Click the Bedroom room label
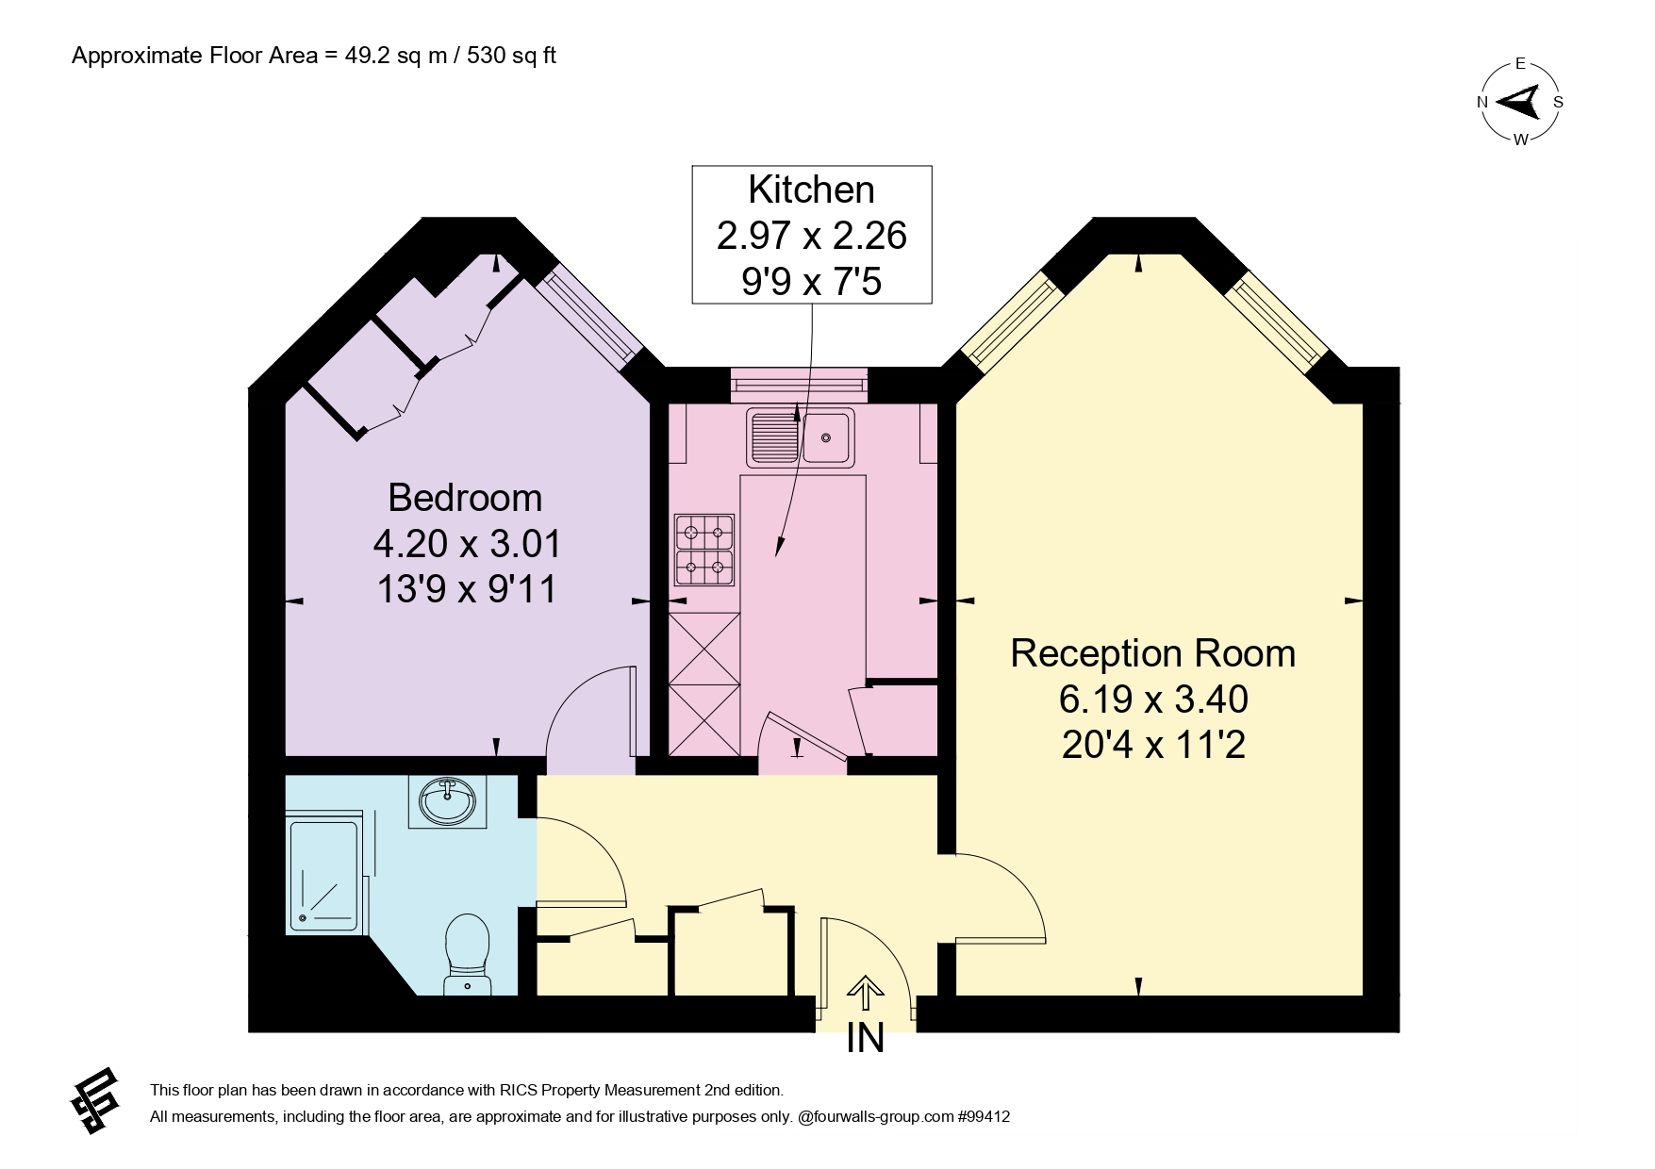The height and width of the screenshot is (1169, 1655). coord(465,498)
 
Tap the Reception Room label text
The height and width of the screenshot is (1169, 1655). coord(1152,653)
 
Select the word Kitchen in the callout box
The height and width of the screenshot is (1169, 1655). coord(811,189)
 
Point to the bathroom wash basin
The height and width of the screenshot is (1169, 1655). coord(447,802)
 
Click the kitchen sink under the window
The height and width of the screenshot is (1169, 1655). coord(801,436)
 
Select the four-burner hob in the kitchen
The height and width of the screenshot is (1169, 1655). coord(704,551)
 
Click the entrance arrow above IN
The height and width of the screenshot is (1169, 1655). coord(866,997)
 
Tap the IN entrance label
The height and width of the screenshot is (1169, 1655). coord(866,1039)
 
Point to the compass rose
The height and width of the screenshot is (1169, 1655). coord(1520,102)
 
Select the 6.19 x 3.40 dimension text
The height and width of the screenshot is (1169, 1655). coord(1153,700)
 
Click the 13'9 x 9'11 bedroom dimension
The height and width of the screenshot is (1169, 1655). coord(466,589)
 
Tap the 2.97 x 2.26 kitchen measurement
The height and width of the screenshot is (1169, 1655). coord(811,235)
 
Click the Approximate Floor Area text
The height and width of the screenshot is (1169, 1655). coord(314,56)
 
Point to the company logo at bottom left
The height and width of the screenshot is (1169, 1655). coord(95,1100)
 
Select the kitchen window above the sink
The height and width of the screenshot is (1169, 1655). coord(799,384)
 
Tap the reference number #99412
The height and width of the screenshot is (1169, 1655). coord(984,1117)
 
